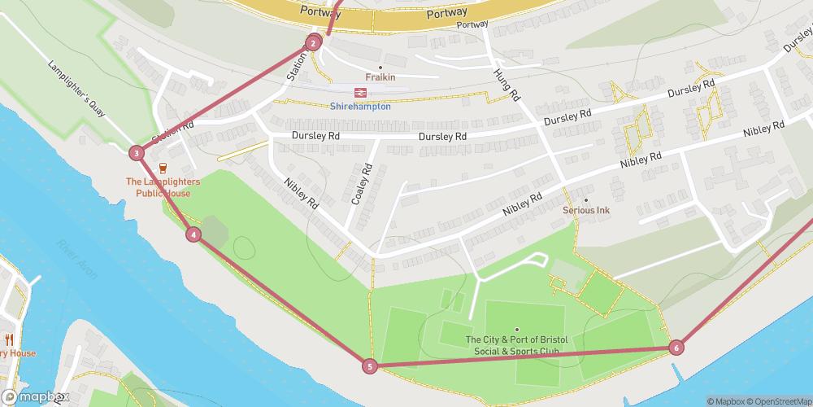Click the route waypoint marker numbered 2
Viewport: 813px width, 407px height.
point(313,43)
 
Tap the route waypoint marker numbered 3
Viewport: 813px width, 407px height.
point(137,152)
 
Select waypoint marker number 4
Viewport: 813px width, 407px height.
point(193,234)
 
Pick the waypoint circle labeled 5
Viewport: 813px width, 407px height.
point(370,366)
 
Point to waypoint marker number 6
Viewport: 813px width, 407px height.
point(676,348)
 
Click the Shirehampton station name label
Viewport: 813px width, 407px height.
point(360,107)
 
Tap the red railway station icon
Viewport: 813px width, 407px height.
point(360,92)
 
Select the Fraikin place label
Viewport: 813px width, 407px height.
point(380,77)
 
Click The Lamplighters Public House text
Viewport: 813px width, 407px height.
point(158,187)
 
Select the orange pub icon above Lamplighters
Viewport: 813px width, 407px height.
point(162,168)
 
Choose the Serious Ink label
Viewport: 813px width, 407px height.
point(586,211)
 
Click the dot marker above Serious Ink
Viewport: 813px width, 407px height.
point(585,199)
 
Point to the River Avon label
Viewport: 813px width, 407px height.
point(79,258)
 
